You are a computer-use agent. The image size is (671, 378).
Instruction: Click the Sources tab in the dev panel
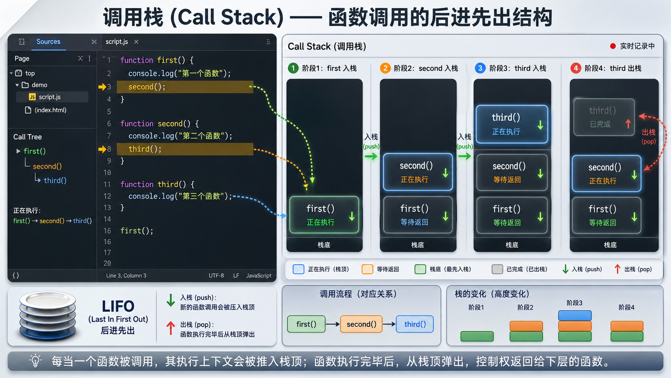[48, 42]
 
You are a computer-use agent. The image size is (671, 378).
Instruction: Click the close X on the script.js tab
[136, 42]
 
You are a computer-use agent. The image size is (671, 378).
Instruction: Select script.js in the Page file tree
[49, 97]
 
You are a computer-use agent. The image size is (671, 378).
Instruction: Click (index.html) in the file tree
[50, 110]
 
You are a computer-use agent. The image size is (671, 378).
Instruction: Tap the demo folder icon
[25, 85]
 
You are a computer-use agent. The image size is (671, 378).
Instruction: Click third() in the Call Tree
[55, 180]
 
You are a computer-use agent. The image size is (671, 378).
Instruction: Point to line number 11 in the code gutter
[107, 184]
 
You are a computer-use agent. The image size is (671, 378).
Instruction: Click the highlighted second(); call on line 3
[147, 87]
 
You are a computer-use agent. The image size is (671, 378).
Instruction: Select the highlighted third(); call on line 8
[145, 149]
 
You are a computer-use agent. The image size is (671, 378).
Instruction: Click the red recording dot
[613, 46]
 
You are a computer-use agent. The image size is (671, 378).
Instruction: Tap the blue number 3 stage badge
[480, 68]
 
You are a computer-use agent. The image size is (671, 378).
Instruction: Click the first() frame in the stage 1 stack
[324, 215]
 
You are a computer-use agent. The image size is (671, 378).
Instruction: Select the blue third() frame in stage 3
[512, 124]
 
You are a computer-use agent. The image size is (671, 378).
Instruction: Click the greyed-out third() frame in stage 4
[604, 117]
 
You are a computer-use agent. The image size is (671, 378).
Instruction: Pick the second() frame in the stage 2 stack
[418, 172]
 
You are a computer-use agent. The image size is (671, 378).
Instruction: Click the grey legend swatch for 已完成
[497, 269]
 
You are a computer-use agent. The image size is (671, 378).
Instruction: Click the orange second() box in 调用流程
[361, 324]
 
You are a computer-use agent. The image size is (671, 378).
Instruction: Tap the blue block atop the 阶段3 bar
[575, 316]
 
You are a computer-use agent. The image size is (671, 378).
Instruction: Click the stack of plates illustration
[47, 316]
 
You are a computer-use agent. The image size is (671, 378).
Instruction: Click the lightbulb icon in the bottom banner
[35, 361]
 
